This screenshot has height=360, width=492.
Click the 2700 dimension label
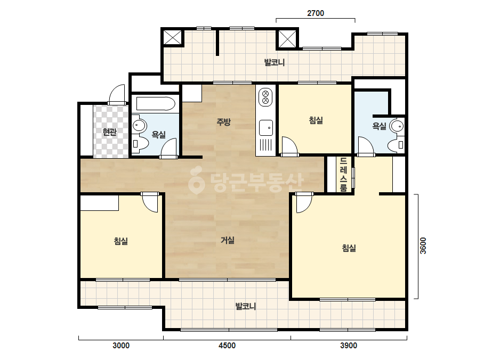[x=316, y=13]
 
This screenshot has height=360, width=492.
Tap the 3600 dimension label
[x=423, y=246]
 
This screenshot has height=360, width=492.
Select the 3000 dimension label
[x=121, y=346]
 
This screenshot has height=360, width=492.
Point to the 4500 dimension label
[x=227, y=346]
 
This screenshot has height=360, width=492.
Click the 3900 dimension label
[x=349, y=346]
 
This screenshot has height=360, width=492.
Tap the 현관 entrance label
[x=109, y=132]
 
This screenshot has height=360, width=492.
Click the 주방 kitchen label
[x=223, y=121]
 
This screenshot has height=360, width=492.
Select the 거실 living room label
[x=228, y=240]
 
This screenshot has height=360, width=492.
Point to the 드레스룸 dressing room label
[x=344, y=174]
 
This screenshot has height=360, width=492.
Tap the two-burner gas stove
[x=265, y=96]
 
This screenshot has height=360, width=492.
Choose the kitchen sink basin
[x=266, y=128]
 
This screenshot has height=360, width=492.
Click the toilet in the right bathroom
[x=396, y=145]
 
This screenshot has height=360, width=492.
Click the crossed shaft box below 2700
[x=287, y=39]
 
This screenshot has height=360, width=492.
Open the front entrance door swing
[x=117, y=93]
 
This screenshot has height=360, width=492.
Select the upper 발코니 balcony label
[x=275, y=62]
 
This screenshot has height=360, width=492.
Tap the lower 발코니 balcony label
[x=246, y=306]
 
